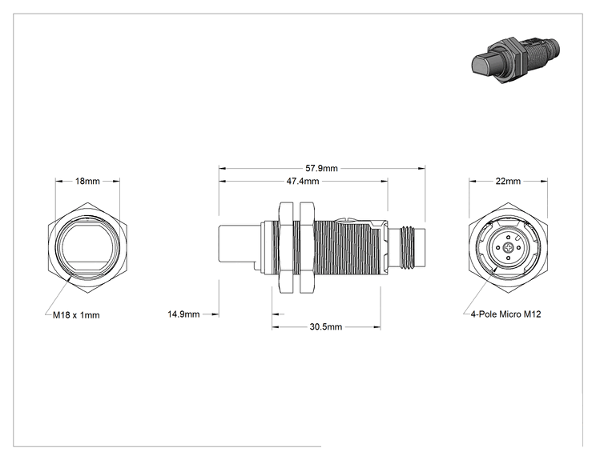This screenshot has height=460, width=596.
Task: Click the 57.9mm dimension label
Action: click(321, 168)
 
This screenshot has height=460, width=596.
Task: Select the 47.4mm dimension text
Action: click(303, 181)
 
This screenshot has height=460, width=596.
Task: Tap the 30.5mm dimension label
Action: click(326, 326)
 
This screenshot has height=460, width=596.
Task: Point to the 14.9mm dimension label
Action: click(183, 314)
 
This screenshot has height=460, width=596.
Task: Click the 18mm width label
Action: click(87, 181)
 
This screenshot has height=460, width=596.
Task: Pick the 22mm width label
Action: click(508, 181)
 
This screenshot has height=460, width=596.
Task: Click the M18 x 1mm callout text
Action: click(76, 315)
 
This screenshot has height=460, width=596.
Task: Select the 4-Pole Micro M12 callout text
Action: click(506, 314)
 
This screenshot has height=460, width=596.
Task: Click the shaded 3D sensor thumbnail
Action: click(515, 59)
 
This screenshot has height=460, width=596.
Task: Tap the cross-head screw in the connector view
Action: click(508, 248)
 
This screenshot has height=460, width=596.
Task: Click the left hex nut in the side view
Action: click(286, 247)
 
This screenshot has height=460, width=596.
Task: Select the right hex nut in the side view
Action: click(307, 247)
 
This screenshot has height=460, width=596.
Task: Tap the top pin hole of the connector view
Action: click(508, 238)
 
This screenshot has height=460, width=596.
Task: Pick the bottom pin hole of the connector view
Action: click(508, 258)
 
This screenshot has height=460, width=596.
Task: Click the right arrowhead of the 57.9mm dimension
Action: click(421, 168)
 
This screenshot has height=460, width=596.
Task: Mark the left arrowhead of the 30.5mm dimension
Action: click(276, 326)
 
